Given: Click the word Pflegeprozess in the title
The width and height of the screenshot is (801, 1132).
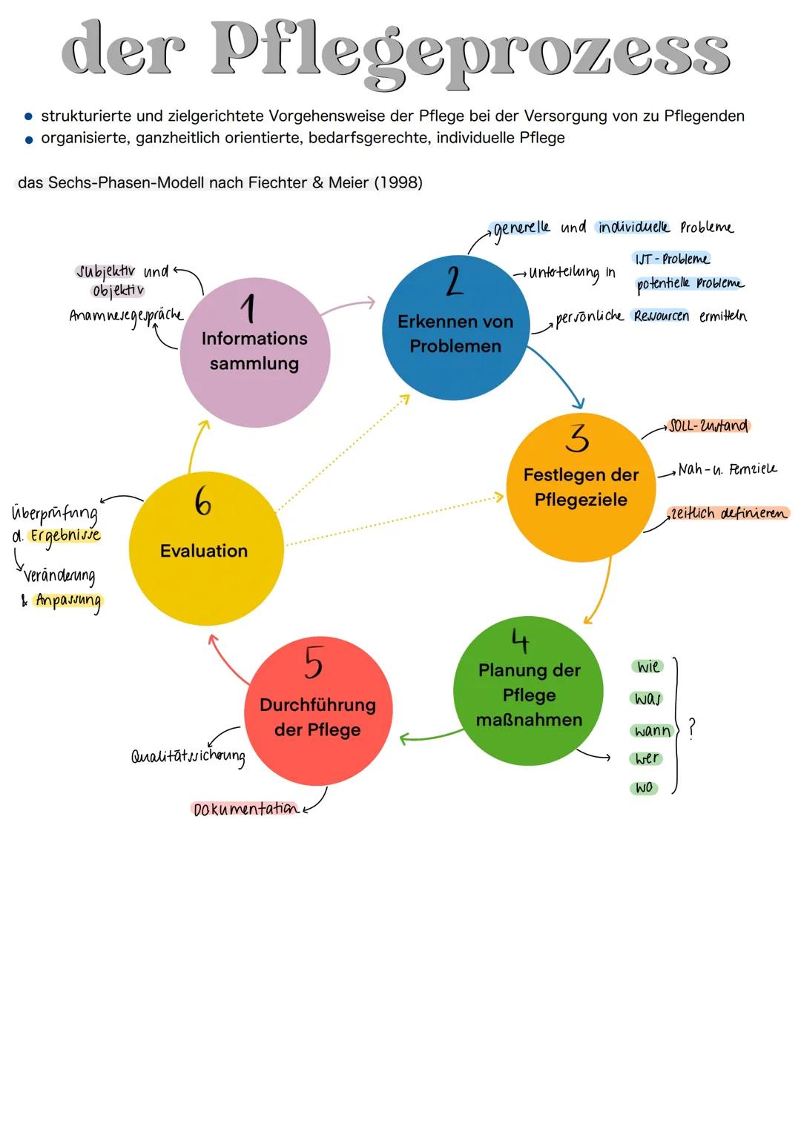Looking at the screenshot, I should [x=472, y=50].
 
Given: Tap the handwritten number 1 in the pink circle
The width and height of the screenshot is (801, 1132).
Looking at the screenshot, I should [x=250, y=308].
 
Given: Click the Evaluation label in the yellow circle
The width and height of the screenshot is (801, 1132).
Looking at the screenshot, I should [x=204, y=551].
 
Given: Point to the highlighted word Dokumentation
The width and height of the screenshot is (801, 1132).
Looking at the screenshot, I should [x=245, y=809].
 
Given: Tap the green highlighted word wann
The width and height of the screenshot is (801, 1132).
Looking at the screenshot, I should [x=652, y=731].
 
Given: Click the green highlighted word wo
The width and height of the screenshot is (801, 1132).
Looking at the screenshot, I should [x=644, y=787].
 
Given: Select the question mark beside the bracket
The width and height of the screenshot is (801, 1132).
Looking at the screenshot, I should [x=692, y=727].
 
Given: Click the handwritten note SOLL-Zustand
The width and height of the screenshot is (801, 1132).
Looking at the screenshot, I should [x=708, y=426].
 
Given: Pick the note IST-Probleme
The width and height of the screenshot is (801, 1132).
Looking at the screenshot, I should [x=670, y=259].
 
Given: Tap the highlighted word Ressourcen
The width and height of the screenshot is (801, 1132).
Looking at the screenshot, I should [x=661, y=317].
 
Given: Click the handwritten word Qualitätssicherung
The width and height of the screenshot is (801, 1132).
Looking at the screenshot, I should [x=188, y=756].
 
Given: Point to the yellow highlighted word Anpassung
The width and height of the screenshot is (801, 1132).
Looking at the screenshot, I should [x=68, y=600].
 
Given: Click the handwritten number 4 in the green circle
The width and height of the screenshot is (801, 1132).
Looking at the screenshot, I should [x=521, y=640].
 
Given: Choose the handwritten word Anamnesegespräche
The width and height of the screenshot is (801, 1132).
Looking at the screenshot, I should [x=126, y=315].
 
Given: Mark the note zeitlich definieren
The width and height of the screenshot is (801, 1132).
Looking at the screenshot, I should [x=728, y=513].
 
